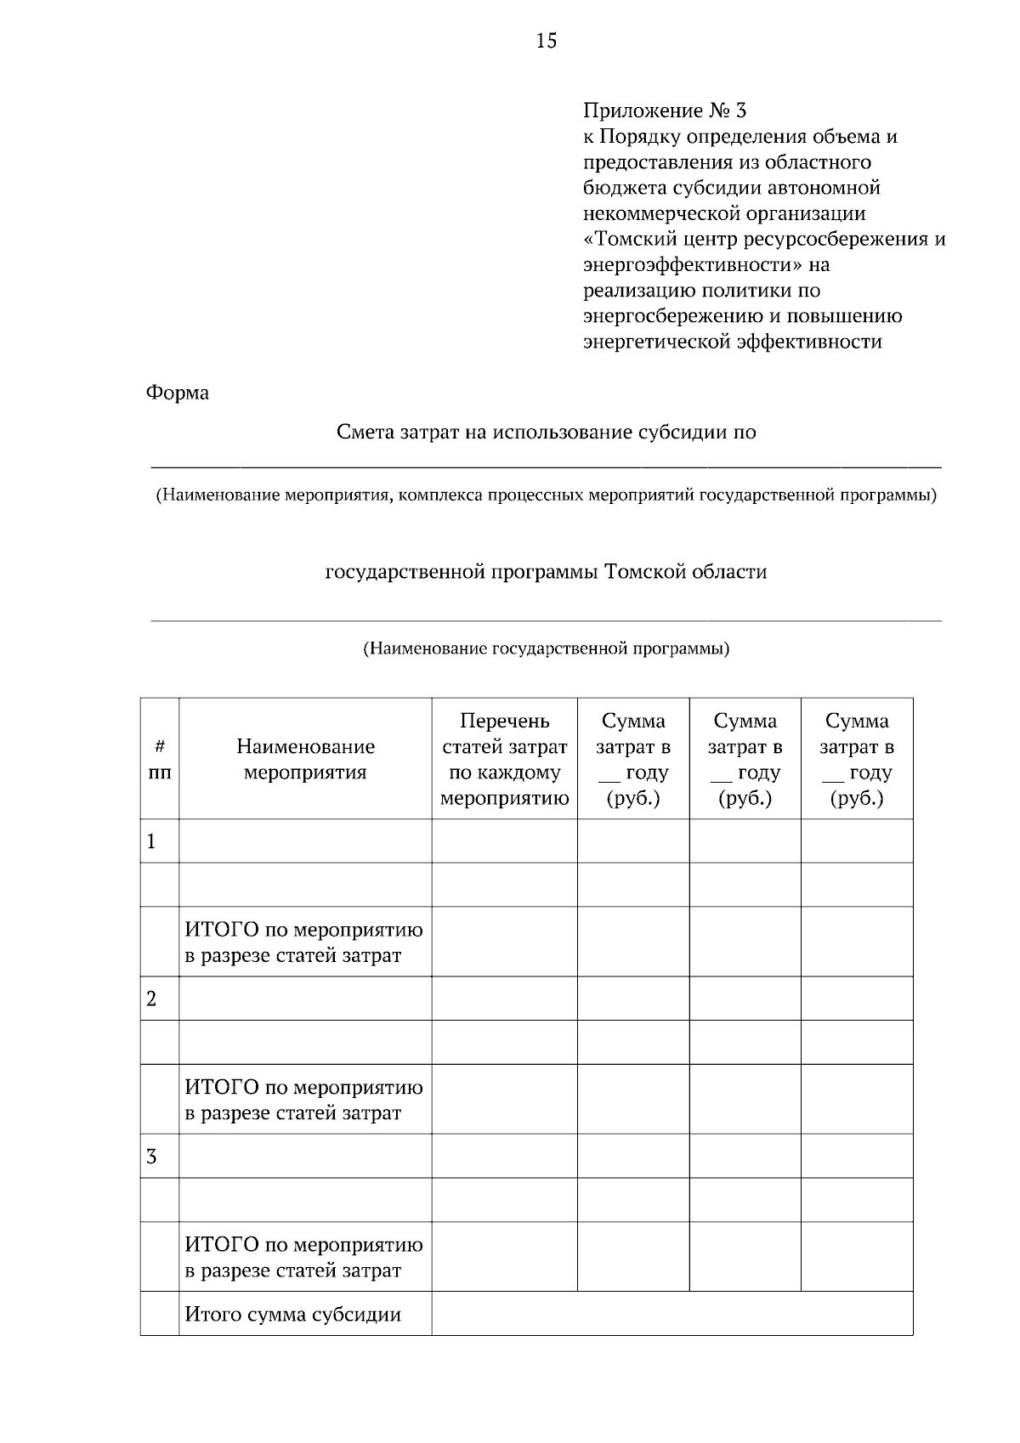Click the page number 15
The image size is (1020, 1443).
(546, 40)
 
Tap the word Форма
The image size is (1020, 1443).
(178, 393)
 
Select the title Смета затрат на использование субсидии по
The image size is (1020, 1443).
(546, 433)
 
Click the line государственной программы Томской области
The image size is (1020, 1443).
(546, 572)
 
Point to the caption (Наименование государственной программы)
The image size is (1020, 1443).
(546, 649)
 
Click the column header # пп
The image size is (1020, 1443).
(159, 760)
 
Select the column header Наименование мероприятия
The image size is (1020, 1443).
(305, 760)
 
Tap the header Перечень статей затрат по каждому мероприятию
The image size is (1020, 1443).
(504, 760)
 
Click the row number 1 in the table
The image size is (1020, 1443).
(152, 842)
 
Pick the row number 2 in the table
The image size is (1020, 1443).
(152, 999)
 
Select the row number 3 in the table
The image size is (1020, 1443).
(152, 1157)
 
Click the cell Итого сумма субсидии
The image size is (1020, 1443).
(293, 1315)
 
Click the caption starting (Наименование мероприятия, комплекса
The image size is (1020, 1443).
(546, 495)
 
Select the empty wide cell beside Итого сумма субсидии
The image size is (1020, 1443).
(671, 1314)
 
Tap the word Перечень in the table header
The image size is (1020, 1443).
(504, 721)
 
